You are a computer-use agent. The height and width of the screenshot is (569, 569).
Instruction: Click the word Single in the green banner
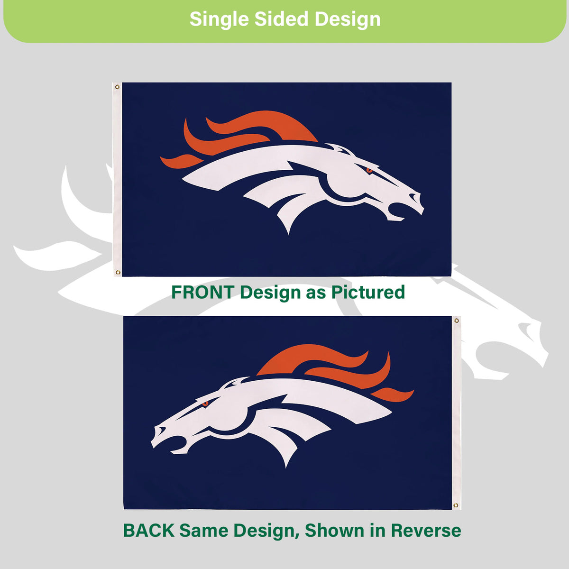219,19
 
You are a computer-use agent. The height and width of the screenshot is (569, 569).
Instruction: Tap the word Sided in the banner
281,19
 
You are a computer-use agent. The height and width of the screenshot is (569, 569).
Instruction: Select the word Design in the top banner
348,19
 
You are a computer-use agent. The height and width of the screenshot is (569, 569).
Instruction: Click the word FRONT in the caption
203,292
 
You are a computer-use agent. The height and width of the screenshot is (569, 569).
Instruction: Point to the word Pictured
367,292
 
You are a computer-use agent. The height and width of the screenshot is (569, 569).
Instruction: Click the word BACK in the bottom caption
148,530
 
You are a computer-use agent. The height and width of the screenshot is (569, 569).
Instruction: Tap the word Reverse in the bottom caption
426,530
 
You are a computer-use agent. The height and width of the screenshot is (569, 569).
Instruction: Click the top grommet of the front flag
117,87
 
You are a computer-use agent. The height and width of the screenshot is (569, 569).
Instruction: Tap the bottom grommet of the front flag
118,272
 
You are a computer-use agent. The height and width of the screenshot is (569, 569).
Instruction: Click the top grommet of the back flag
457,321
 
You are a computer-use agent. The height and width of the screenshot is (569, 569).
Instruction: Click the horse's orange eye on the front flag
369,170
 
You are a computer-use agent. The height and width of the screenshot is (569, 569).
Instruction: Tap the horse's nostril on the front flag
414,197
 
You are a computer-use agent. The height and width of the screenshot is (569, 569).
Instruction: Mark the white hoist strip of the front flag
118,180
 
